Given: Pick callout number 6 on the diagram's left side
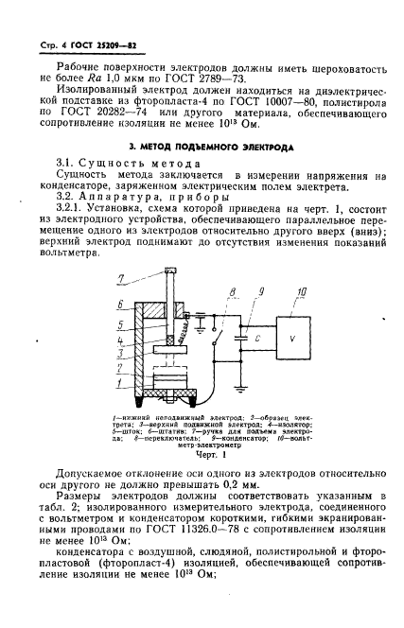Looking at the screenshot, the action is point(120,305).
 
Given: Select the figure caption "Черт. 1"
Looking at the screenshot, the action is point(202,453).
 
